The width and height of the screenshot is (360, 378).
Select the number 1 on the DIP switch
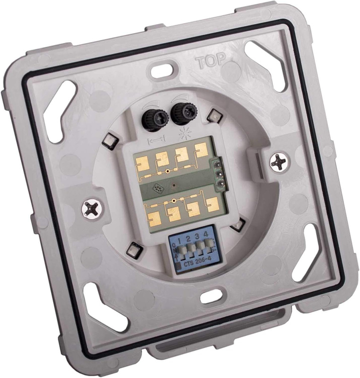tap(180, 239)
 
